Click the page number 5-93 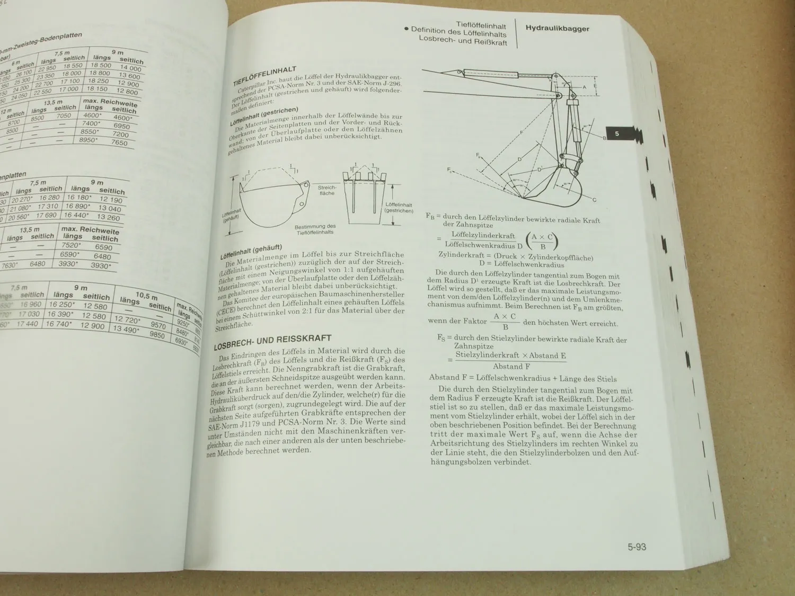pyautogui.click(x=637, y=547)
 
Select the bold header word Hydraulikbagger pyautogui.click(x=557, y=29)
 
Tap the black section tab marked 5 pyautogui.click(x=617, y=134)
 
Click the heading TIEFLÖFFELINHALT pyautogui.click(x=264, y=77)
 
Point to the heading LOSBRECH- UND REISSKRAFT pyautogui.click(x=272, y=342)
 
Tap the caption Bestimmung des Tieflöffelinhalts pyautogui.click(x=315, y=229)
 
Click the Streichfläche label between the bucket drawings pyautogui.click(x=327, y=190)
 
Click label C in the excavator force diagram pyautogui.click(x=594, y=200)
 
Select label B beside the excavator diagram pyautogui.click(x=604, y=138)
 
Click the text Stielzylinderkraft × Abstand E pyautogui.click(x=510, y=355)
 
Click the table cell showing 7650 pyautogui.click(x=119, y=143)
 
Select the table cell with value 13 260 pyautogui.click(x=109, y=217)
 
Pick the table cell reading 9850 pyautogui.click(x=157, y=335)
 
